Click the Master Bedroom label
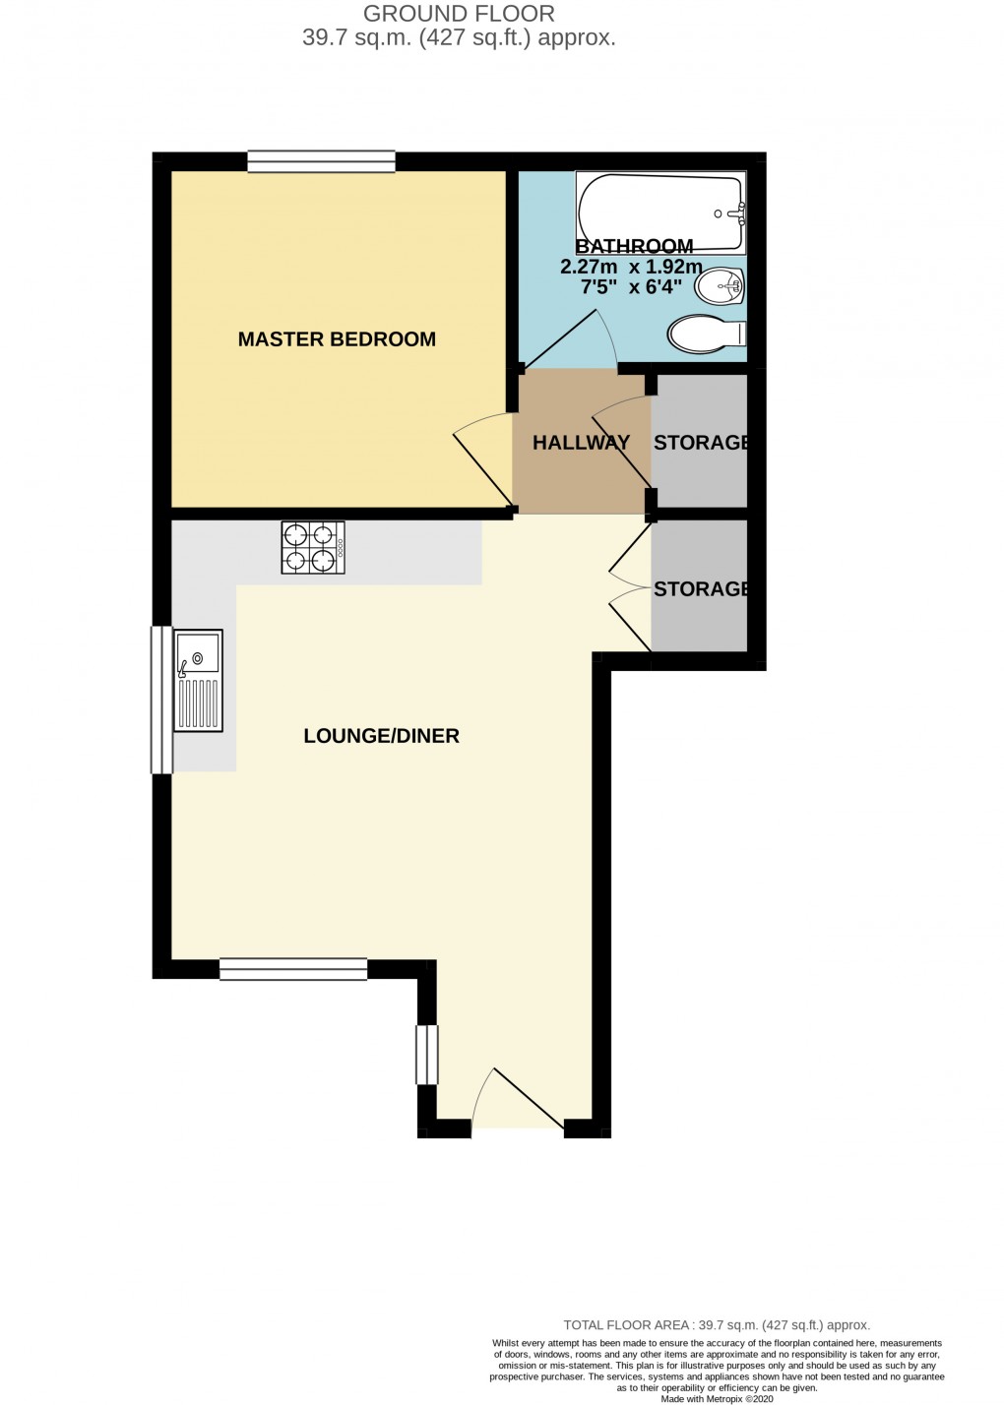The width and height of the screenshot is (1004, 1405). [x=337, y=339]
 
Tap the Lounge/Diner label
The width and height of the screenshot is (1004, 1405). [x=381, y=736]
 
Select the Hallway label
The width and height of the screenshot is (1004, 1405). [x=581, y=443]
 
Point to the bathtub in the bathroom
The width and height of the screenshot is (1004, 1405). [x=660, y=213]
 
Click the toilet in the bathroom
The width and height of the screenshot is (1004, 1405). [x=705, y=335]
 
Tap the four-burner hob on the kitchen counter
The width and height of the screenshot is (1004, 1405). [x=313, y=547]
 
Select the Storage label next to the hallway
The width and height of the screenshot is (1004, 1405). [x=701, y=443]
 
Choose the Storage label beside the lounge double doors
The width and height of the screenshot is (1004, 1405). [x=701, y=589]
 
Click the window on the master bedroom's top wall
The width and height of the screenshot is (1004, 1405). [x=321, y=161]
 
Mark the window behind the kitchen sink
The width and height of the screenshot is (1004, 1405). [x=160, y=700]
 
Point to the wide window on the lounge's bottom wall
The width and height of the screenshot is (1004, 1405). [x=293, y=969]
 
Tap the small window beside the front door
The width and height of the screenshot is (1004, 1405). [x=427, y=1055]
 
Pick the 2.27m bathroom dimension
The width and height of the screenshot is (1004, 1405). [x=589, y=267]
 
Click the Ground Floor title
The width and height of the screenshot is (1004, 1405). [x=459, y=14]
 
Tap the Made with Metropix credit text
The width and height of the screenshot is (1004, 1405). [x=718, y=1398]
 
